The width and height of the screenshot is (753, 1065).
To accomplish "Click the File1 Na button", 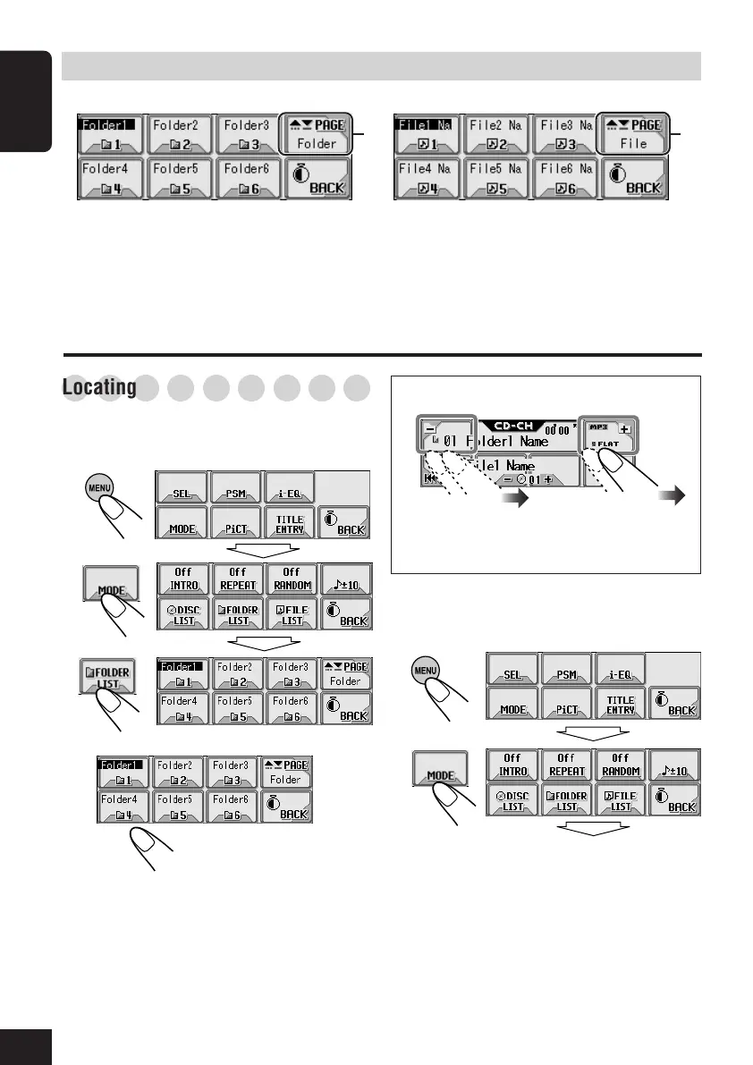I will point(427,134).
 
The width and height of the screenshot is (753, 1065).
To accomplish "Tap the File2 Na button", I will point(496,134).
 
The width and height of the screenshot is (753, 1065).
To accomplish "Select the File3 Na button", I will point(566,134).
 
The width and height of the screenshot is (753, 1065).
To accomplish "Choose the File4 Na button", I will point(427,177).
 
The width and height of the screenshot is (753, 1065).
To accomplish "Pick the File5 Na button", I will point(496,177).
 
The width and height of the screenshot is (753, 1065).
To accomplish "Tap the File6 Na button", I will point(566,177).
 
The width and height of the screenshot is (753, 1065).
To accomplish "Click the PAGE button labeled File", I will point(632,134).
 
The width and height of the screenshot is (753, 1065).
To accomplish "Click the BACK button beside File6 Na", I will point(632,177).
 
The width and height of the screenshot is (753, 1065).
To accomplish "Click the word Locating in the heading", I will point(99,388).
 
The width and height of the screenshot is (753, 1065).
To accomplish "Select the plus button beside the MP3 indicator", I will point(623,429).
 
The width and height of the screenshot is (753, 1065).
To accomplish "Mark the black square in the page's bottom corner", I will point(27,1046).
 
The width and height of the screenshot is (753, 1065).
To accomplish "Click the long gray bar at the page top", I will point(381,65).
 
